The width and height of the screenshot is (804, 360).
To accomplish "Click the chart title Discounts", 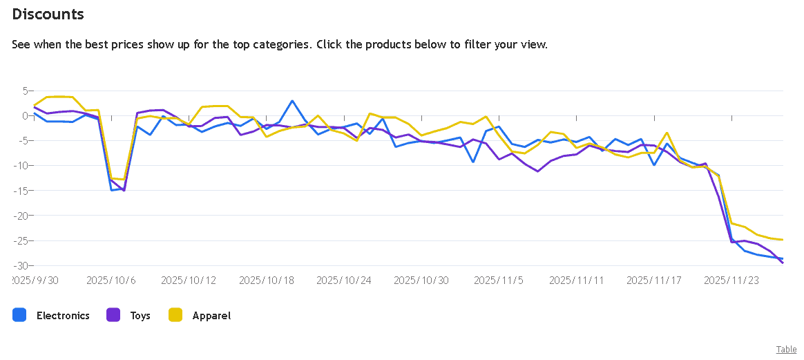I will (x=48, y=14).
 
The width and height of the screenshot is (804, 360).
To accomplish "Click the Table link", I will (x=786, y=350).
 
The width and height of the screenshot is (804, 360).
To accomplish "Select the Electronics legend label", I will (x=63, y=316).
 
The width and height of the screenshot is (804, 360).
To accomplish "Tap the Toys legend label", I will (x=140, y=316).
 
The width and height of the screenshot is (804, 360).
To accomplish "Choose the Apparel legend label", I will (x=211, y=316).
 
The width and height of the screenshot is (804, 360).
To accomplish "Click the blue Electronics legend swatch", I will (x=19, y=315).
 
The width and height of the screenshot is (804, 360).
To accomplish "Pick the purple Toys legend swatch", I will (x=113, y=315).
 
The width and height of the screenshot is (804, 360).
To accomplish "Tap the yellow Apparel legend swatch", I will (x=175, y=315).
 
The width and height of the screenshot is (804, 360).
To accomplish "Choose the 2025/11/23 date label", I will (x=731, y=281).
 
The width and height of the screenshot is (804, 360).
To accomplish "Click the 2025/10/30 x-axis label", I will (x=421, y=281).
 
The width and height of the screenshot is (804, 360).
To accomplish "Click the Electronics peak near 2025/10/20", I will (x=292, y=101).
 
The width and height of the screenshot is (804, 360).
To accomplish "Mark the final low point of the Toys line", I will (x=783, y=263).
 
